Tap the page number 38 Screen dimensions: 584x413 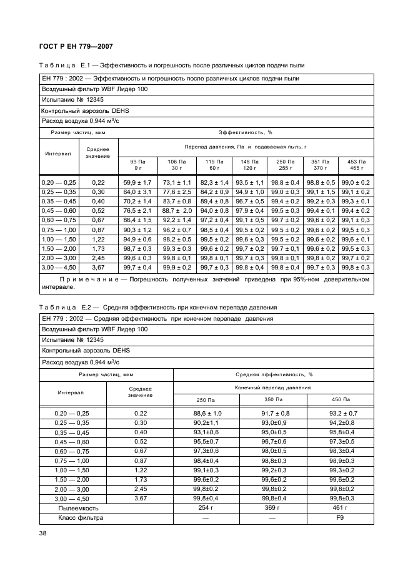[x=44, y=533]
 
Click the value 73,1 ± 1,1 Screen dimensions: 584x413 [x=177, y=182]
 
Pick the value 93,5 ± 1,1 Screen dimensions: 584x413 [x=250, y=182]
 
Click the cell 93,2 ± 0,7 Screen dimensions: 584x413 [x=343, y=414]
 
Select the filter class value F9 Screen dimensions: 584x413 [x=343, y=518]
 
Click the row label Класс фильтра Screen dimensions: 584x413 [x=81, y=518]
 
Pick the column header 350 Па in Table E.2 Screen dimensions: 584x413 [x=273, y=399]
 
